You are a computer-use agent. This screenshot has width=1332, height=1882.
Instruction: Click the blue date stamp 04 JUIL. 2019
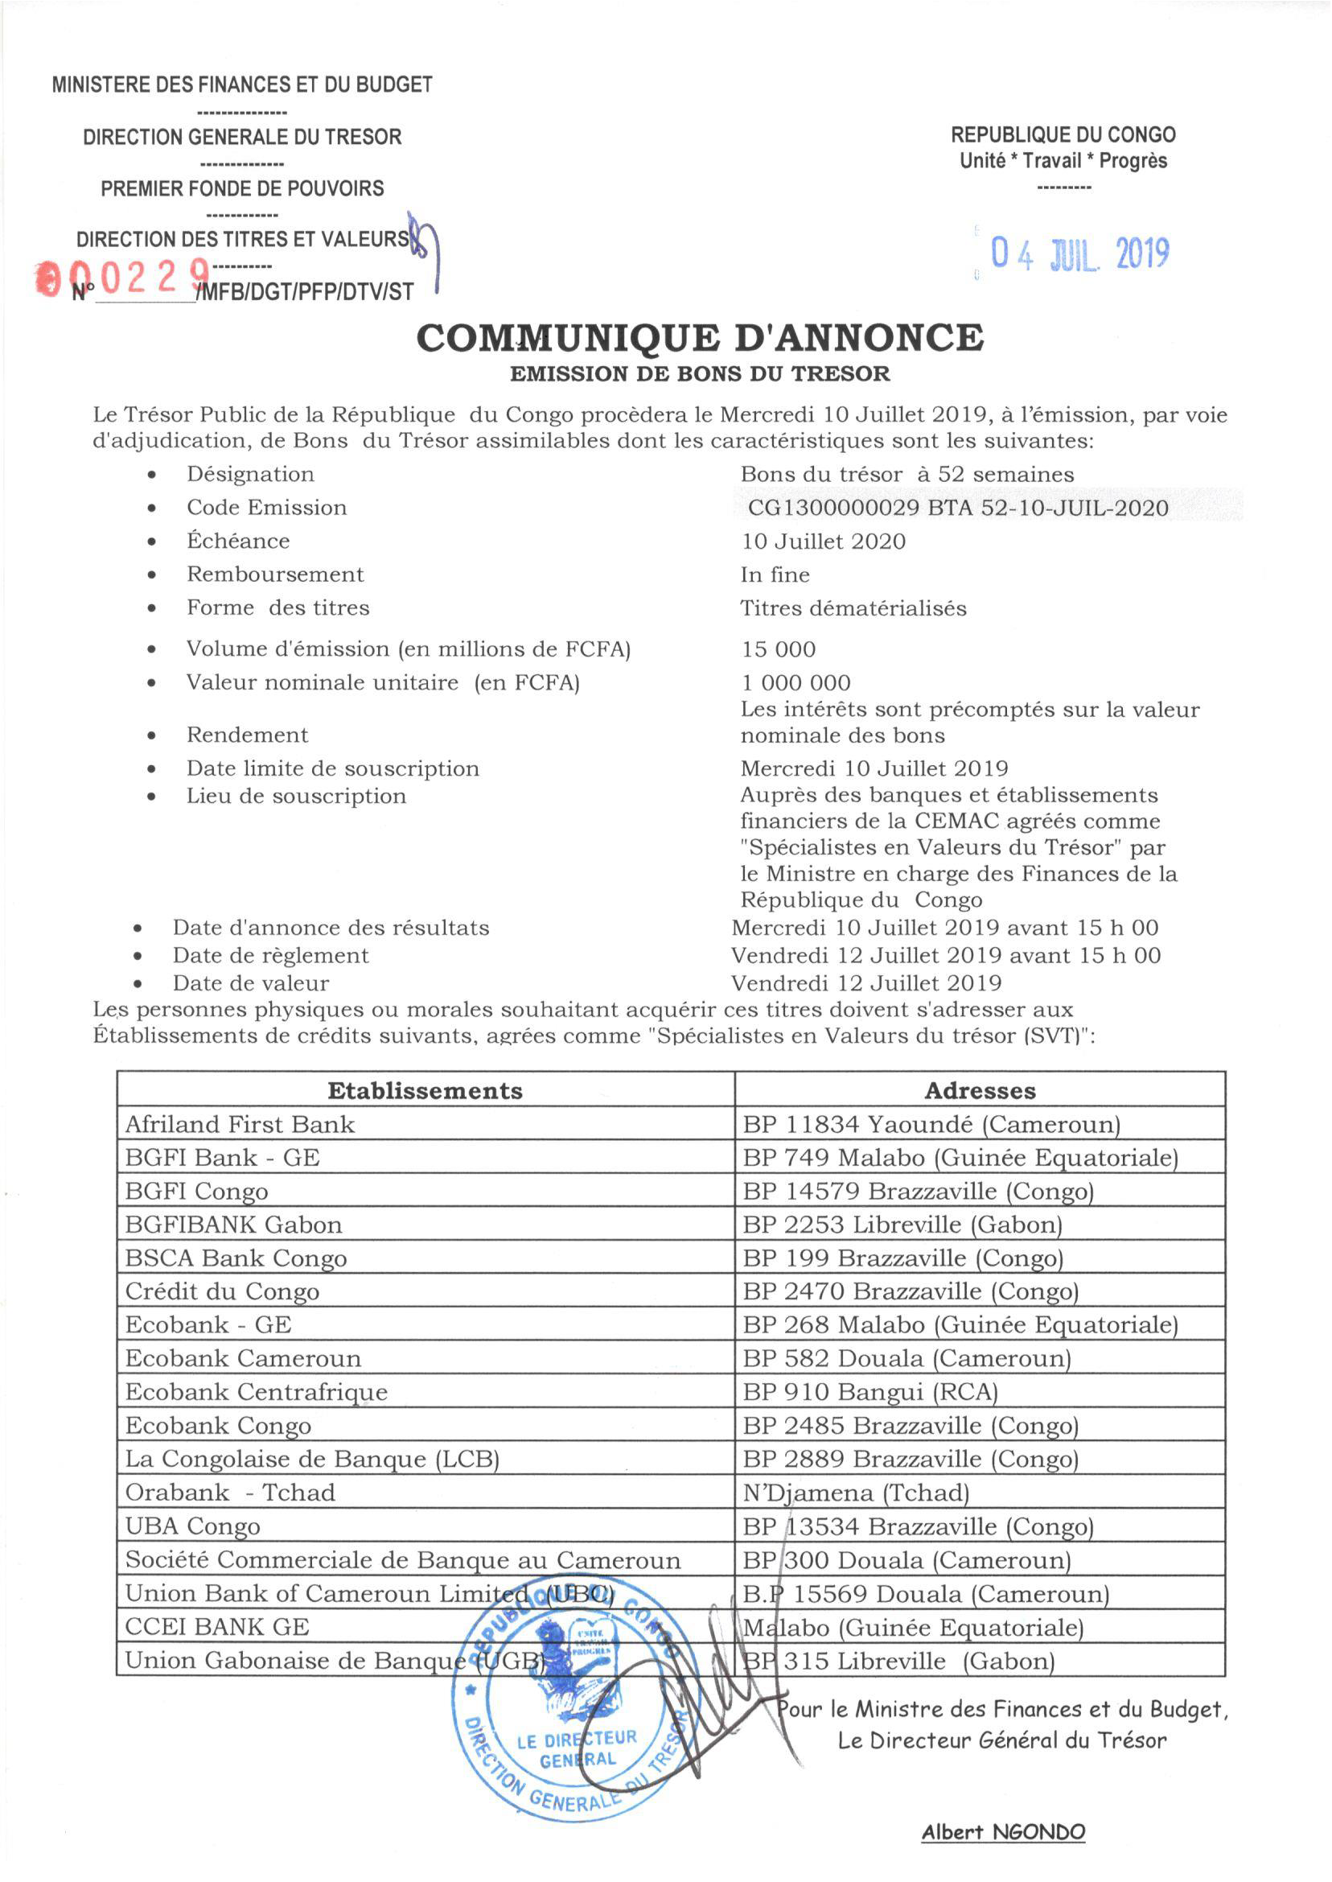click(1079, 254)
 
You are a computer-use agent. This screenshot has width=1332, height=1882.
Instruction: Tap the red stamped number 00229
click(123, 279)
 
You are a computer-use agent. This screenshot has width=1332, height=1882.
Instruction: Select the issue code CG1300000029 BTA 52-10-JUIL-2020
click(958, 508)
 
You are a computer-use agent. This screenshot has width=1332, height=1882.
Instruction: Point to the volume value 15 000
click(779, 650)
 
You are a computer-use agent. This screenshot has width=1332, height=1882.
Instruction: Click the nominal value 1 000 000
click(795, 682)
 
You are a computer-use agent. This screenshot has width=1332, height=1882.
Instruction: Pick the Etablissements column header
click(425, 1090)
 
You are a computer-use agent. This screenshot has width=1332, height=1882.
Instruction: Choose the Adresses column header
click(980, 1090)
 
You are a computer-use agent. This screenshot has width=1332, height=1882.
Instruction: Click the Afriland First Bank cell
click(240, 1124)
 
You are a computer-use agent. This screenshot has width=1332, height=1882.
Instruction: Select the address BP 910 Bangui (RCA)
click(869, 1392)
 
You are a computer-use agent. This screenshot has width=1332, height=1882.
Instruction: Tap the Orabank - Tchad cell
click(230, 1493)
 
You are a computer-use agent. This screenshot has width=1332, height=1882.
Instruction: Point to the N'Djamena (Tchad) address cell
click(856, 1493)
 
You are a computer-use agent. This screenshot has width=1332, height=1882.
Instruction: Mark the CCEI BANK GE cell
click(216, 1627)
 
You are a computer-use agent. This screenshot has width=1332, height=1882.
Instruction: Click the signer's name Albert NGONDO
click(1002, 1832)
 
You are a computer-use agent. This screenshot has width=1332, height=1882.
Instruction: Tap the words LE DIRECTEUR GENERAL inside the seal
click(577, 1748)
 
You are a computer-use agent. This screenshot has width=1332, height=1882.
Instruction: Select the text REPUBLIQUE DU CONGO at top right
click(1063, 134)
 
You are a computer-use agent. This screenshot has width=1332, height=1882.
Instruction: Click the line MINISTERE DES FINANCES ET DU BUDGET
click(242, 84)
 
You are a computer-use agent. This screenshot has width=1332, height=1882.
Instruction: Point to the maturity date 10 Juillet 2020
click(823, 542)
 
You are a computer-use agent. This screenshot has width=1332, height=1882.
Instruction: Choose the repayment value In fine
click(775, 575)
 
